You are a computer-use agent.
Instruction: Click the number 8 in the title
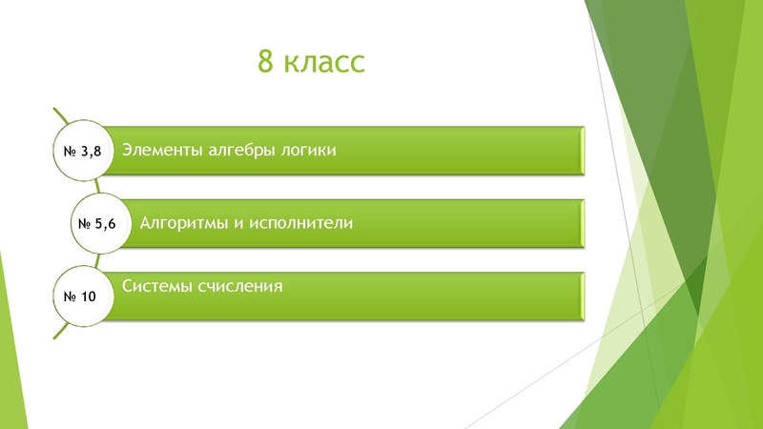coord(266,63)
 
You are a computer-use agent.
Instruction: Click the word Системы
coord(157,285)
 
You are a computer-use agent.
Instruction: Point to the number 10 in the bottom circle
coord(89,296)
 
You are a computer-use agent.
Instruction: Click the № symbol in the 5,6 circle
coord(83,224)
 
